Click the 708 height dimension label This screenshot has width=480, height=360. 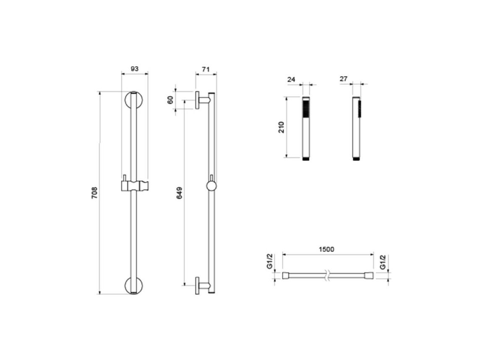[94, 193]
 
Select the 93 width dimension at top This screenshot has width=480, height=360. [135, 68]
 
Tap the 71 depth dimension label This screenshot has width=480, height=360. [206, 70]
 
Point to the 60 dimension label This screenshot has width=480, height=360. [170, 100]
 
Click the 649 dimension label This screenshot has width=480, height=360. [180, 193]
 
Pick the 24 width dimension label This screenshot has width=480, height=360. [292, 79]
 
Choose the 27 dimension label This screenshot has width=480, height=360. [344, 79]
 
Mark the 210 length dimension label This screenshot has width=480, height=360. [281, 127]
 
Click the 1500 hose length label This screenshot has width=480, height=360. [326, 249]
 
